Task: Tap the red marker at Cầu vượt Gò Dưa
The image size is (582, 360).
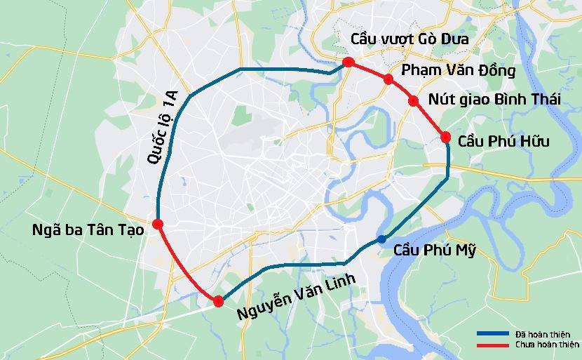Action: point(348,63)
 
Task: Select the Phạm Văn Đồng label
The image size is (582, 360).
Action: point(458,71)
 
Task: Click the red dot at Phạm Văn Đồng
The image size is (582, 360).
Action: point(388,79)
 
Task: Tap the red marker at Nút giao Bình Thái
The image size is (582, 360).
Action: point(414,101)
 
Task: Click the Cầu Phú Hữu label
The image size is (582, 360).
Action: point(503,142)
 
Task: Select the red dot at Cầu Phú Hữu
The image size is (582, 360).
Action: point(445,137)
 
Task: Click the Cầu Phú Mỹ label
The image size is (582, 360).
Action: point(435,249)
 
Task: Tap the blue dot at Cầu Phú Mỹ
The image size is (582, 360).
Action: point(381,239)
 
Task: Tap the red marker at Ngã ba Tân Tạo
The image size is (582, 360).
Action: point(158,224)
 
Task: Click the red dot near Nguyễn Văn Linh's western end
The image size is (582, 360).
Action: point(218,301)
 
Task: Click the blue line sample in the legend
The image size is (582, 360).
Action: point(493,334)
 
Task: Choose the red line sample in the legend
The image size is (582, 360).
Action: point(493,345)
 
